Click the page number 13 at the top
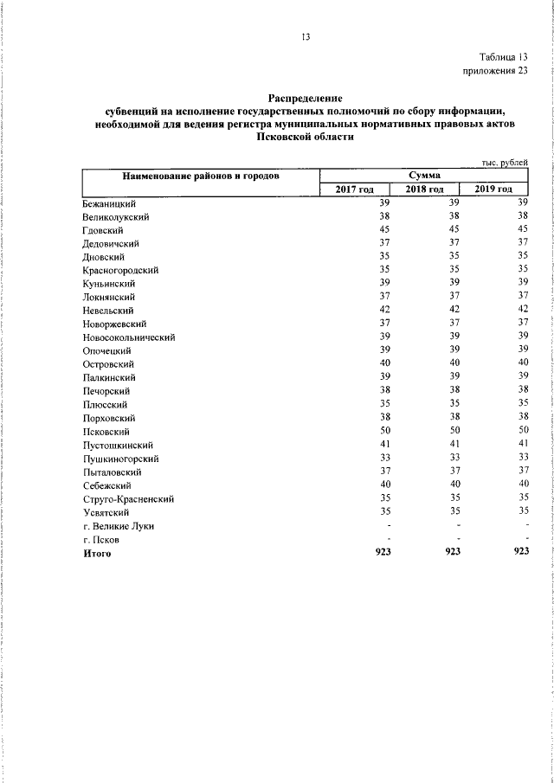[x=305, y=36]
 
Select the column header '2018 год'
[x=424, y=189]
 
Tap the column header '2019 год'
[x=493, y=189]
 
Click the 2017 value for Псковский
[x=384, y=431]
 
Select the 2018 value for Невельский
[x=453, y=310]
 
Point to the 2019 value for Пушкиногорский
[x=521, y=458]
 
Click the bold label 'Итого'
[x=97, y=552]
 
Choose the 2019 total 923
[x=520, y=552]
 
